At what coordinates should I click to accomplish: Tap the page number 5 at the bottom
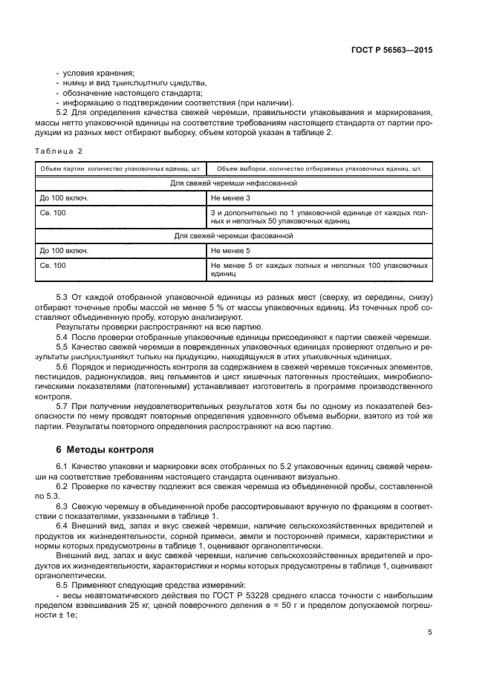point(430,632)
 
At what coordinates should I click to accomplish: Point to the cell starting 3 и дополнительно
point(319,217)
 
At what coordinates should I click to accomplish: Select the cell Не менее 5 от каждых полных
point(319,269)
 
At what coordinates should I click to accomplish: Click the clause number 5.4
point(62,337)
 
